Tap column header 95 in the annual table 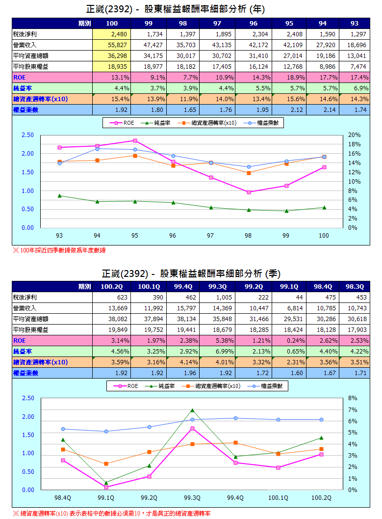pyautogui.click(x=289, y=24)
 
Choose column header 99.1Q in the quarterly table pyautogui.click(x=289, y=286)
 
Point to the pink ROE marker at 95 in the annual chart pyautogui.click(x=135, y=141)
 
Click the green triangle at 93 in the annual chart pyautogui.click(x=59, y=195)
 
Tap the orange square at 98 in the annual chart pyautogui.click(x=248, y=173)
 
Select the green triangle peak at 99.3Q pyautogui.click(x=192, y=410)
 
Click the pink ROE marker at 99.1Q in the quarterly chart pyautogui.click(x=106, y=487)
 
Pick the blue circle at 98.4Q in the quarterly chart pyautogui.click(x=63, y=429)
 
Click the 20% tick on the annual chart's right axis pyautogui.click(x=354, y=135)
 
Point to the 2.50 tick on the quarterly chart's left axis pyautogui.click(x=27, y=398)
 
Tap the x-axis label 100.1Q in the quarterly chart pyautogui.click(x=278, y=497)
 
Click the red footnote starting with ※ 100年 pyautogui.click(x=59, y=250)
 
